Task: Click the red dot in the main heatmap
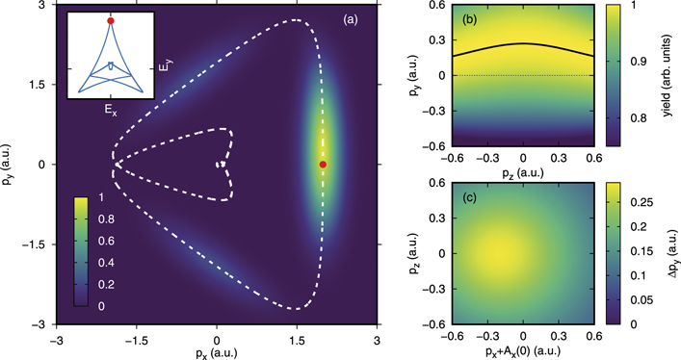[x=323, y=165]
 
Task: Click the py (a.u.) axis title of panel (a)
[x=13, y=165]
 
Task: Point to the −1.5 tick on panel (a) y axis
[x=37, y=244]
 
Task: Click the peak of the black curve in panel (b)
[x=523, y=43]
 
